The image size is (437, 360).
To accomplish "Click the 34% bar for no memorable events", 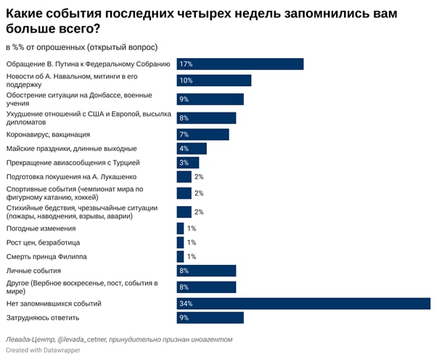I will [x=303, y=303].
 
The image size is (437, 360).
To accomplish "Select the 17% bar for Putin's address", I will [x=240, y=64].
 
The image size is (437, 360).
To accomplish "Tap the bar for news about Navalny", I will [x=213, y=81].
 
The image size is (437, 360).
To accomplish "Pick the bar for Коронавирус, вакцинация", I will [x=203, y=134].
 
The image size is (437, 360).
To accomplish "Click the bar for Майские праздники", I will [x=192, y=149].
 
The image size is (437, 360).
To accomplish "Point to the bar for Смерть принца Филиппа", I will [x=180, y=256].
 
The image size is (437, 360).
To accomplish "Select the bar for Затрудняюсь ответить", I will [x=210, y=318].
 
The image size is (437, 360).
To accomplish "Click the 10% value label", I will [x=186, y=81].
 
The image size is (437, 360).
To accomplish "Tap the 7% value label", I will [x=184, y=134].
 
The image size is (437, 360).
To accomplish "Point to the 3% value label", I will [x=184, y=163].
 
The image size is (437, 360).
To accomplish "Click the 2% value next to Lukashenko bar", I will [x=199, y=177].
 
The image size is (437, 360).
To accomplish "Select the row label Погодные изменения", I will [x=41, y=228].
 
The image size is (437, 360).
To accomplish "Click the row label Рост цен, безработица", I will [x=43, y=242].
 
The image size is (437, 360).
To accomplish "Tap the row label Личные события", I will [x=34, y=271].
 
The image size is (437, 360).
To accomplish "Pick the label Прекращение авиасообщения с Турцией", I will [x=73, y=163].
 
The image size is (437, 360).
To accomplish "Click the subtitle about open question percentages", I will [x=81, y=47].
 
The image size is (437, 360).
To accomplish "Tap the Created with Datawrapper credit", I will [x=43, y=350].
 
